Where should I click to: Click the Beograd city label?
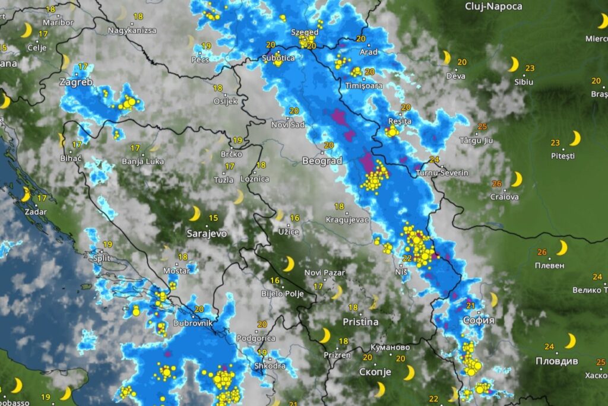pos(322,161)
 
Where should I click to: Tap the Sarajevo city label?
pos(207,233)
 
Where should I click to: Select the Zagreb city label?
pos(76,83)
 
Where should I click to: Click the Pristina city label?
pos(360,322)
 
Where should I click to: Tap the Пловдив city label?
pos(556,360)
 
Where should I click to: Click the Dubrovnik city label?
pos(192,323)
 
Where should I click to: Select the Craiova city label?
pos(504,196)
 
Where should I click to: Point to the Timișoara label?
pos(364,85)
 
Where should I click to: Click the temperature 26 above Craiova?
pos(496,184)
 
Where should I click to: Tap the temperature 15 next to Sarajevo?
pos(213,218)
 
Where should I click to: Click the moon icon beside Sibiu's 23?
pos(513,64)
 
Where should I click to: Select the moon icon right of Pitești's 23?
pos(575,138)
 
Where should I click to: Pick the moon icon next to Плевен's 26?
pos(562,248)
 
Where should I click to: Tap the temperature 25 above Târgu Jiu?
pos(482,126)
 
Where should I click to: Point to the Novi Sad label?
pos(288,124)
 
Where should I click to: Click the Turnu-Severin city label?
pos(442,173)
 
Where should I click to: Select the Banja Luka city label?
pos(142,161)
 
